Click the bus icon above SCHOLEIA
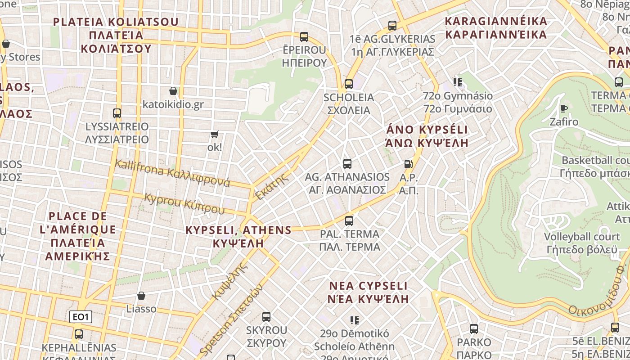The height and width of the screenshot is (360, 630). point(348,84)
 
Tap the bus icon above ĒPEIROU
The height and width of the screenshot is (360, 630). point(304,36)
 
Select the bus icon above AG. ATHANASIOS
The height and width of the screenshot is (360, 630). point(347,163)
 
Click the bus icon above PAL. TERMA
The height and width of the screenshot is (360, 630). point(349,220)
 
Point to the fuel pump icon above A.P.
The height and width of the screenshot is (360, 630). point(408,164)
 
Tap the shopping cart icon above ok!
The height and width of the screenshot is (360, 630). point(215,134)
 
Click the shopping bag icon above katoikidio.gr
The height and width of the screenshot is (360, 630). point(173,91)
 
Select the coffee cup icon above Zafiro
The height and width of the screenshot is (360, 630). point(563,108)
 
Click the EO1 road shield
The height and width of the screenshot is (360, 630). point(81,317)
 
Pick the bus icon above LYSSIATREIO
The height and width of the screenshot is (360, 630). point(117,113)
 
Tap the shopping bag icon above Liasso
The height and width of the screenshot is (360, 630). point(141,296)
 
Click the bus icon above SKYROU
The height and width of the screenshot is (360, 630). point(266,317)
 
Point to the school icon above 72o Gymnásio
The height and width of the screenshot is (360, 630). point(458,82)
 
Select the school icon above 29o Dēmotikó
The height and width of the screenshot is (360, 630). point(355,320)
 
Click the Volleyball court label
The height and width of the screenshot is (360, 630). point(582,237)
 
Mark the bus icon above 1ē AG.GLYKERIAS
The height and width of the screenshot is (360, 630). point(392,25)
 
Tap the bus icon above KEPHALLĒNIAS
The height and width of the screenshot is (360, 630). point(79,334)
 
